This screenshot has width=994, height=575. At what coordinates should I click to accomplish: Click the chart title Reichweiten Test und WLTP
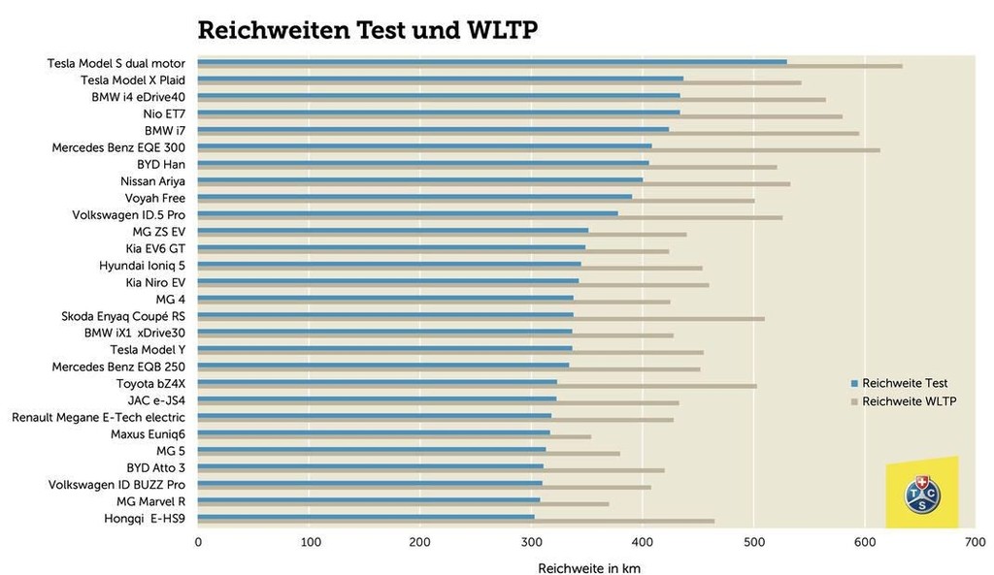[367, 31]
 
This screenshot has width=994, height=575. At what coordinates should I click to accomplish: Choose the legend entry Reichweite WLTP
[909, 401]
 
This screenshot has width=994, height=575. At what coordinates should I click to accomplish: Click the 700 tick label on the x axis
[974, 543]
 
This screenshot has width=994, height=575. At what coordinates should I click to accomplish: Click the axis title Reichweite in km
[588, 567]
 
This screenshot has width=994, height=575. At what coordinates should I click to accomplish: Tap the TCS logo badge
[921, 495]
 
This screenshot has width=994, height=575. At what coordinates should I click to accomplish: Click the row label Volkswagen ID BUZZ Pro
[116, 484]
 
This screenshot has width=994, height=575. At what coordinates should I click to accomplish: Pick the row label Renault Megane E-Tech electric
[98, 417]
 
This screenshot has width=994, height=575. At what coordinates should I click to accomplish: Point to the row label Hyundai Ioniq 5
[142, 265]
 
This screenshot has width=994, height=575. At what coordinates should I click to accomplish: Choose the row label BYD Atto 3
[155, 467]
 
